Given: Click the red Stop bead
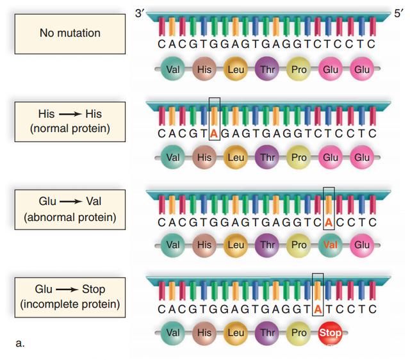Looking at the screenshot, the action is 331,333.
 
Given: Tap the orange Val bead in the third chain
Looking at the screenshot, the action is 331,245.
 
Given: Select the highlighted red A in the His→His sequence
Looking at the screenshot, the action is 214,134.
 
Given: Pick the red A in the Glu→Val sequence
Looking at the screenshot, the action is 329,222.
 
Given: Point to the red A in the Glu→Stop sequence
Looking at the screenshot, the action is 318,309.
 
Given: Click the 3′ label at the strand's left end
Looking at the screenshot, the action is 140,13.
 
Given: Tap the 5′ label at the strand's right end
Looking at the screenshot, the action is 398,13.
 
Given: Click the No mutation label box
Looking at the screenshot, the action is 70,34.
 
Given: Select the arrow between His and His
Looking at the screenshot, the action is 70,114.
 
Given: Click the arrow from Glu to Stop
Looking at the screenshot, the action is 67,290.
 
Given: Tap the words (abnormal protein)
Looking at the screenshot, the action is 70,217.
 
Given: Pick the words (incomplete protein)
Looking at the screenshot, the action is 70,304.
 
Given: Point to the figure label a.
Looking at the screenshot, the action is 20,343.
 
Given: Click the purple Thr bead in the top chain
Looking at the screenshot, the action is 267,69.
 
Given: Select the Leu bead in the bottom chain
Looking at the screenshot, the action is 236,333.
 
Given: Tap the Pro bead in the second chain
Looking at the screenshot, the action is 299,158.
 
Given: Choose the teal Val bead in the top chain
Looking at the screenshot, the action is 172,69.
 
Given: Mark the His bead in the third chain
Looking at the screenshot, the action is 204,245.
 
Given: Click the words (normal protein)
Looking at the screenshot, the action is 70,128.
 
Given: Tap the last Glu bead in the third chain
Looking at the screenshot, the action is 362,245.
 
